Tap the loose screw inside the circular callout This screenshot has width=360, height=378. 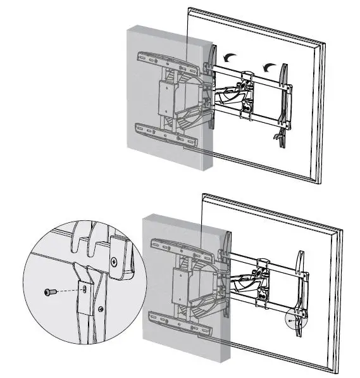click(x=50, y=291)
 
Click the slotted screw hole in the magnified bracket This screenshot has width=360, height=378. click(x=85, y=289)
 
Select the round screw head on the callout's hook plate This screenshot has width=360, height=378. click(x=114, y=261)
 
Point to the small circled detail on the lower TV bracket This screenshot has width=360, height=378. click(x=295, y=320)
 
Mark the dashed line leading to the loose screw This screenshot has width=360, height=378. click(x=69, y=291)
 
